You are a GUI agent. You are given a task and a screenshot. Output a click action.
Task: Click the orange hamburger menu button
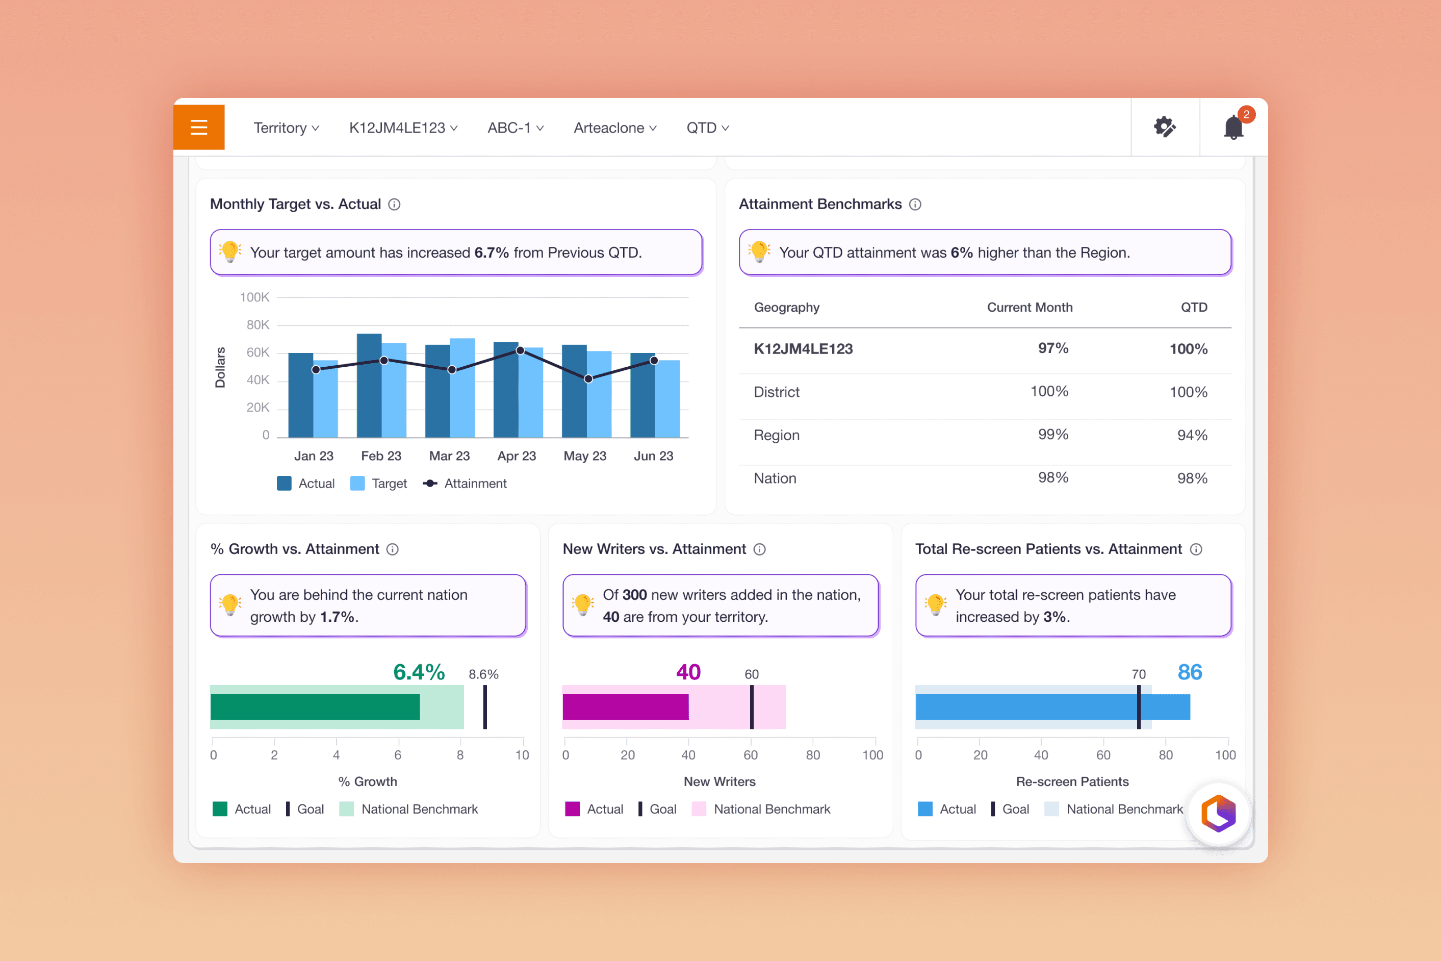pos(198,127)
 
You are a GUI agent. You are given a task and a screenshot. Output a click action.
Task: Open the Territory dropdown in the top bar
pos(286,128)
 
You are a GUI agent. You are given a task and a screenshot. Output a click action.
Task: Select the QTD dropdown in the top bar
pos(708,128)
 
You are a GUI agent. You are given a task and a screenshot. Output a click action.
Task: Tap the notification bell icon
pos(1233,128)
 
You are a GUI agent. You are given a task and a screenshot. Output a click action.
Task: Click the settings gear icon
pos(1165,128)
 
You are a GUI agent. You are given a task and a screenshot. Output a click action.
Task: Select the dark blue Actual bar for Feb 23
pos(370,386)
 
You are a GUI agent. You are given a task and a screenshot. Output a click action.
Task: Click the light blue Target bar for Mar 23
pos(462,388)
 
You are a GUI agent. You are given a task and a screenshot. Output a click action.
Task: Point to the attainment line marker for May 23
pos(588,379)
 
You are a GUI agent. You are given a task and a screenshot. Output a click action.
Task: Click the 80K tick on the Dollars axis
pos(258,325)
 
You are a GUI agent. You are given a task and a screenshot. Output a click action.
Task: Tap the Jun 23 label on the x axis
pos(653,456)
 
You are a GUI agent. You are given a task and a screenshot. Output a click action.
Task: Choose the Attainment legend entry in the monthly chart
pos(465,484)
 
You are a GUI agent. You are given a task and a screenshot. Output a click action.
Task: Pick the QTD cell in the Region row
pos(1192,435)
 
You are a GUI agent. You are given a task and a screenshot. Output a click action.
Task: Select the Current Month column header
pos(1030,307)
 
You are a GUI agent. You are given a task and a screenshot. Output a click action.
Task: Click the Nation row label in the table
pos(775,478)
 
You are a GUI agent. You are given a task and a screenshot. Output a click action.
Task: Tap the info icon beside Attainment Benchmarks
pos(915,204)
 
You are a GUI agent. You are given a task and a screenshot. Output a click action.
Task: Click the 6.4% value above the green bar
pos(419,672)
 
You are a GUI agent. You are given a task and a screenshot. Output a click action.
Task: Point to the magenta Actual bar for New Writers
pos(626,706)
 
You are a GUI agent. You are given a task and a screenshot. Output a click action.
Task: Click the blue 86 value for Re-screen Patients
pos(1190,672)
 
